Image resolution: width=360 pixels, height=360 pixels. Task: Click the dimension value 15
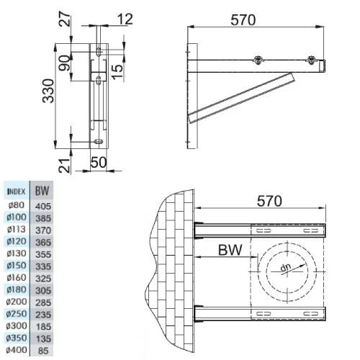118,72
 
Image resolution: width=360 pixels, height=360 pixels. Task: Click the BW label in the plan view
232,251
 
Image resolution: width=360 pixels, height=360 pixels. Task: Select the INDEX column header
17,192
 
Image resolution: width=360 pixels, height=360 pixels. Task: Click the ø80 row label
17,205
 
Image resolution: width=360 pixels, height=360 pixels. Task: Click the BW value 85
43,351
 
